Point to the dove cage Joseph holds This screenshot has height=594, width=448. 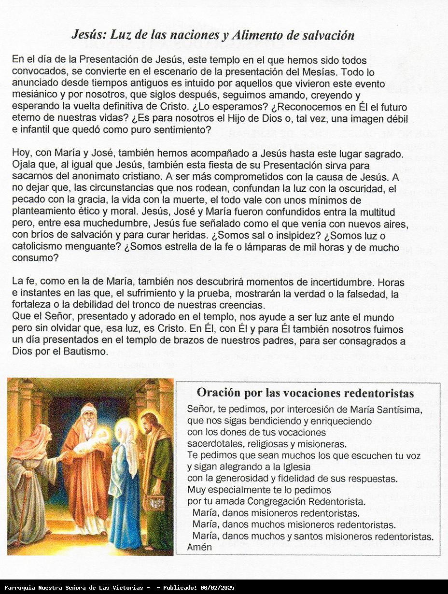tap(154, 502)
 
